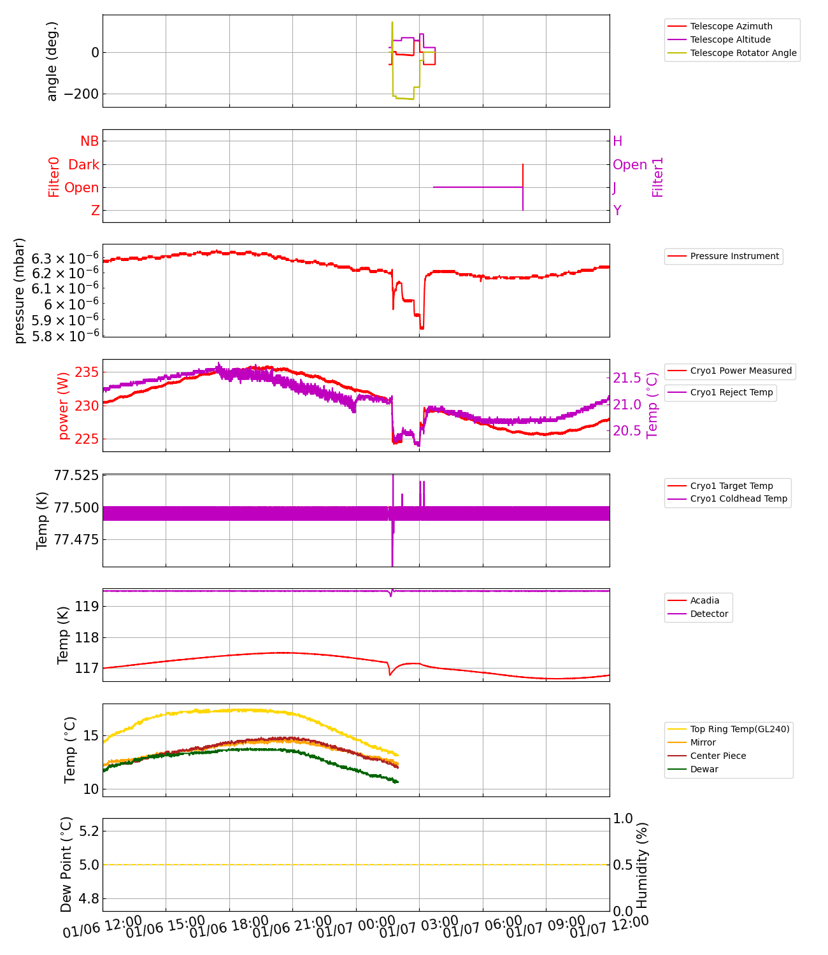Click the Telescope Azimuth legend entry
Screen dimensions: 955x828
click(x=731, y=26)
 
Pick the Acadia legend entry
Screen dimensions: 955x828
click(x=704, y=600)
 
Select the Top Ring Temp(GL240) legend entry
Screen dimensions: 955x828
click(x=739, y=729)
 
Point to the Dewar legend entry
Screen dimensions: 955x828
click(x=704, y=769)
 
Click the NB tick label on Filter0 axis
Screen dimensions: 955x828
click(x=90, y=141)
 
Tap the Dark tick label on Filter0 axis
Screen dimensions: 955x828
click(x=84, y=165)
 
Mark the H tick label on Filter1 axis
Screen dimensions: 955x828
click(x=617, y=141)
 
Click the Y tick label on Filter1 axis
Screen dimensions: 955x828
click(x=617, y=211)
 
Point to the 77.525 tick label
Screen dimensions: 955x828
click(x=76, y=476)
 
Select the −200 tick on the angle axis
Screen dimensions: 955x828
click(x=82, y=94)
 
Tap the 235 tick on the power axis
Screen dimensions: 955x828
click(x=87, y=372)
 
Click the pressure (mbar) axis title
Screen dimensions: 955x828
click(x=20, y=290)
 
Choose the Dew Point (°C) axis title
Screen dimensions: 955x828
click(x=66, y=864)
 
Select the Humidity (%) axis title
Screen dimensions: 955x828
click(x=642, y=865)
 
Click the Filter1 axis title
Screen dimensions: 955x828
click(x=658, y=177)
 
